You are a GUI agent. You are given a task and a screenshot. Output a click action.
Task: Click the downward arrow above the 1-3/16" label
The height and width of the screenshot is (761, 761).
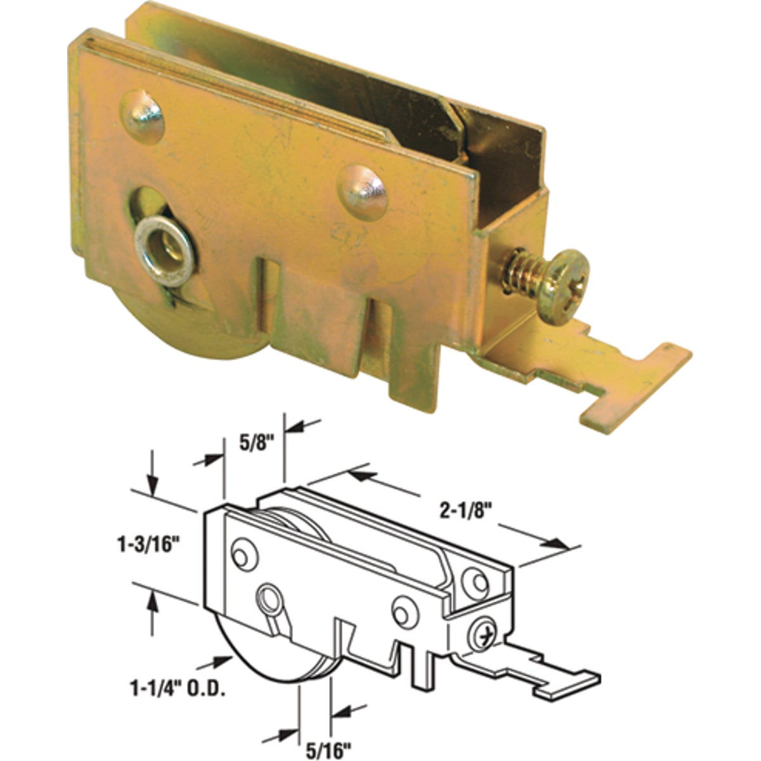pos(152,482)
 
